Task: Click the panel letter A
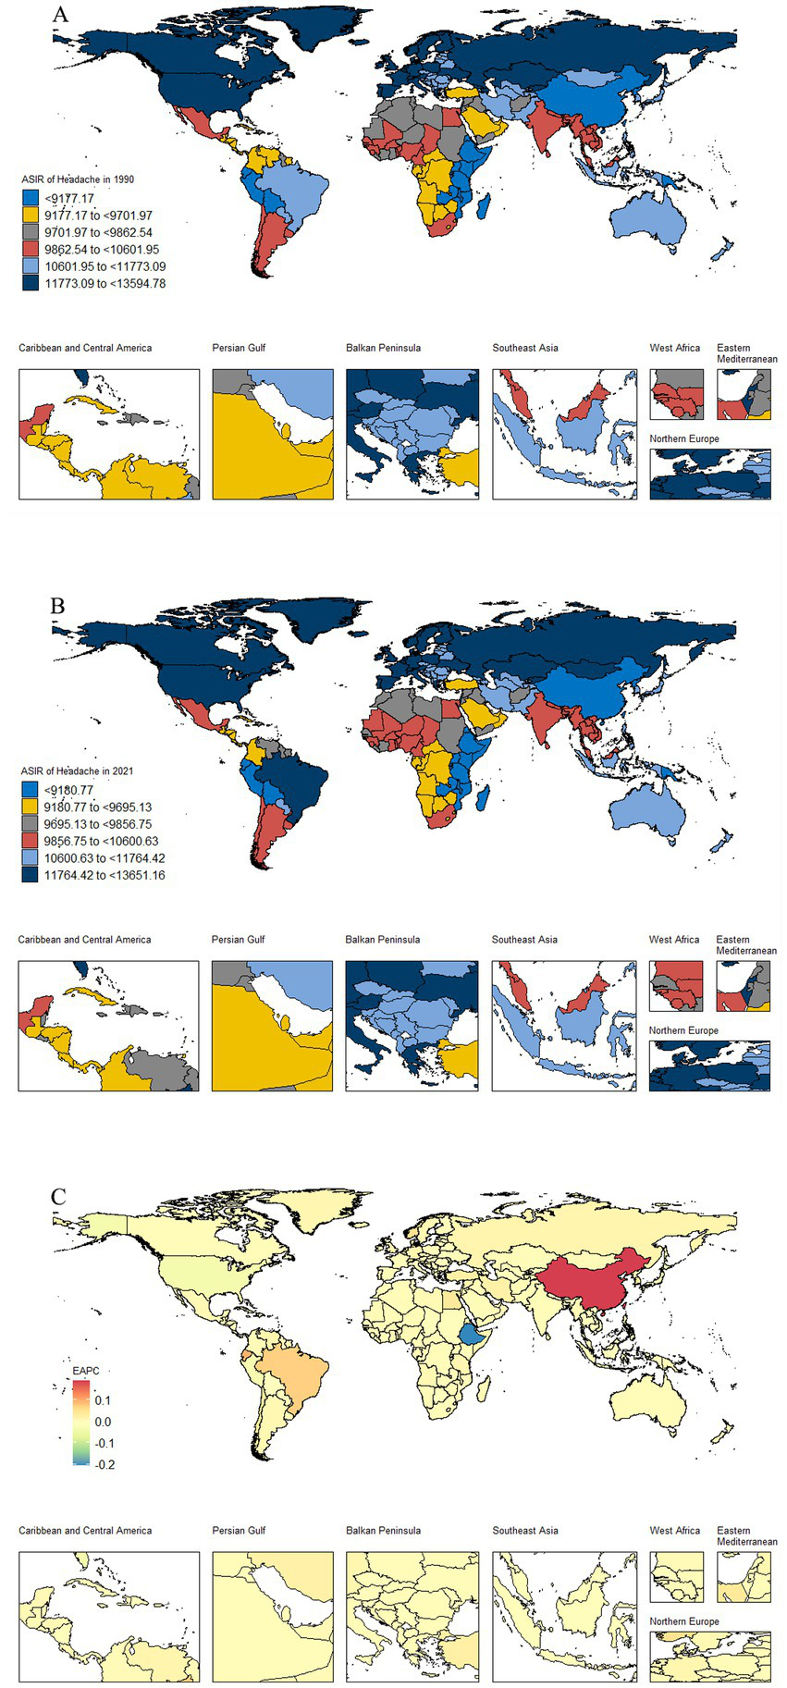click(61, 15)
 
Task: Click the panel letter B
click(58, 606)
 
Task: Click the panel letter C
click(58, 1197)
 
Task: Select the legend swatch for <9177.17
click(31, 198)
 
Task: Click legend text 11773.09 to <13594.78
click(105, 283)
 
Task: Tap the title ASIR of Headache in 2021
click(79, 770)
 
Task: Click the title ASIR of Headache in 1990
click(79, 179)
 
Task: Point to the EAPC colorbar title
click(85, 1369)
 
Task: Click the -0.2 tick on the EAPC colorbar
click(105, 1464)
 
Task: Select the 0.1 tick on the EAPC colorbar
click(103, 1400)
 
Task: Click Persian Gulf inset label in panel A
click(239, 348)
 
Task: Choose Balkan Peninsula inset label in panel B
click(382, 939)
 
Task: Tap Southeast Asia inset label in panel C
click(524, 1530)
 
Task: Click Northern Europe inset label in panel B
click(682, 1029)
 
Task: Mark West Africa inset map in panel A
click(676, 394)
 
